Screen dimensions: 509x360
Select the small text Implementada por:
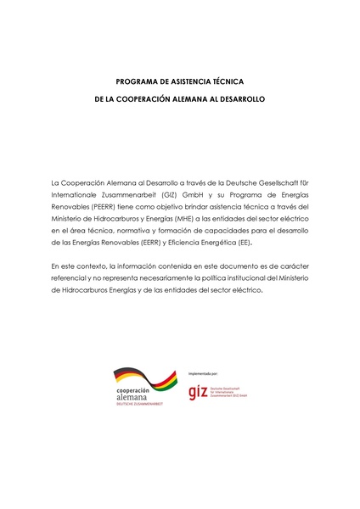pyautogui.click(x=203, y=372)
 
